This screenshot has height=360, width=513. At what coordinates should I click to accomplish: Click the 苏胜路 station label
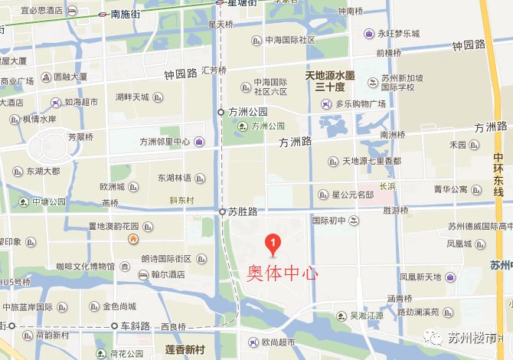243,211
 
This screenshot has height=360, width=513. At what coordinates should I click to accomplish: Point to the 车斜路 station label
136,326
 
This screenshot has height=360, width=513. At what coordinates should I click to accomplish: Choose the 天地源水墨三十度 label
330,81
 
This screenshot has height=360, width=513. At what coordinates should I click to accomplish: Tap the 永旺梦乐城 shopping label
393,34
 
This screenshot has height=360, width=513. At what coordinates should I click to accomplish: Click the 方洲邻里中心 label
165,142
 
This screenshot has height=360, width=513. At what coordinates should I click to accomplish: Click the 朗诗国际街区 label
165,260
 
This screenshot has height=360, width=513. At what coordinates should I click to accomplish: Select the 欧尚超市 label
278,342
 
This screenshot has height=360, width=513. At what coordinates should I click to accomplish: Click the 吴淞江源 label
366,315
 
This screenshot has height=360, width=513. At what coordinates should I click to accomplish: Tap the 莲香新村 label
185,350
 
